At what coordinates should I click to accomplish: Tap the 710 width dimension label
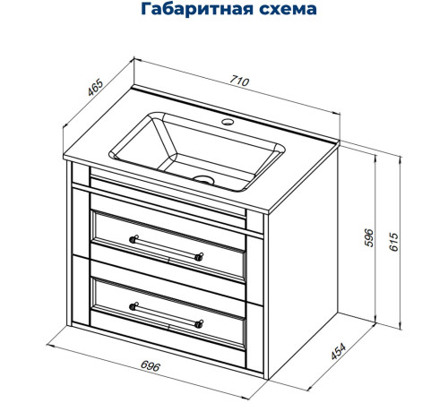click(x=239, y=82)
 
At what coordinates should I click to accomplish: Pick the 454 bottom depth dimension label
click(x=338, y=353)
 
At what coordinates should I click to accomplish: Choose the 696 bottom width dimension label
click(x=151, y=367)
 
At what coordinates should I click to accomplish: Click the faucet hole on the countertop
click(x=228, y=120)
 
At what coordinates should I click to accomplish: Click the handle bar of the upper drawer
click(x=167, y=244)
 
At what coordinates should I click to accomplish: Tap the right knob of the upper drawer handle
click(x=199, y=253)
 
